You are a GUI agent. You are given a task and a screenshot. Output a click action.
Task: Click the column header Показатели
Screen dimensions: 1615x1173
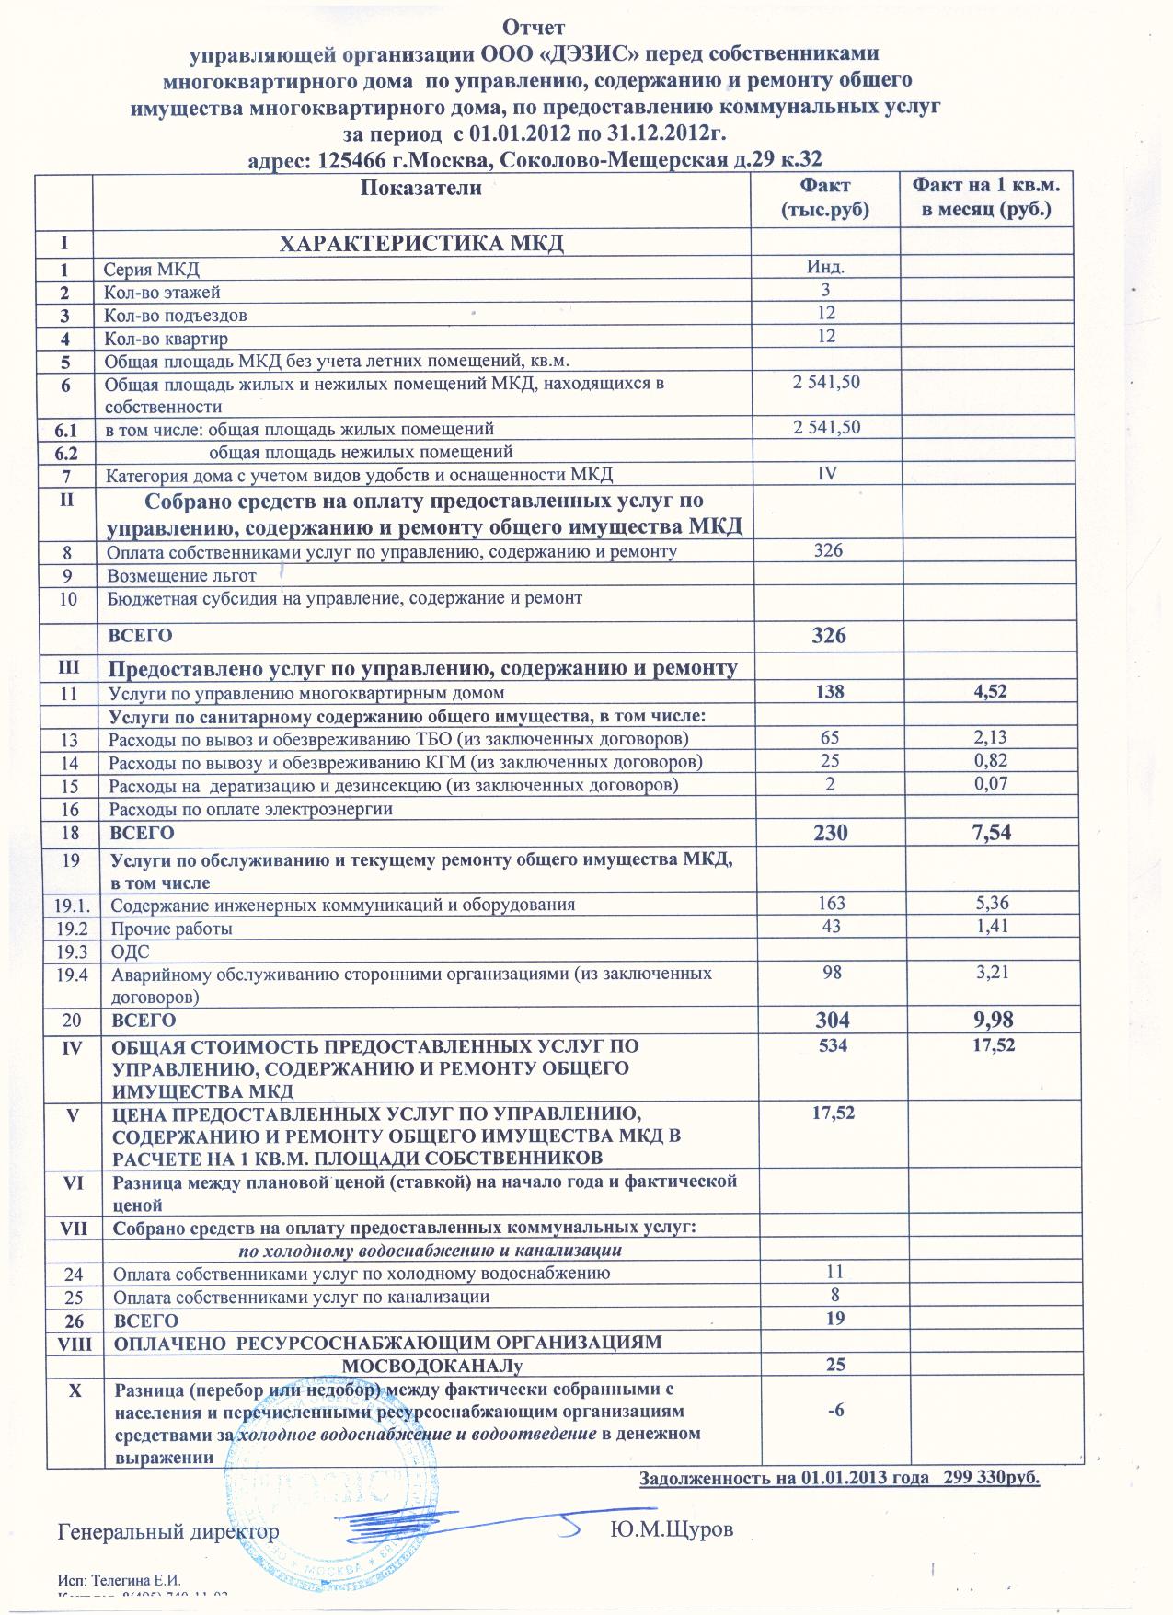421,189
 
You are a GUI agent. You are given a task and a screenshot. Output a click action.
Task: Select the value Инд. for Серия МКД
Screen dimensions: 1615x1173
825,268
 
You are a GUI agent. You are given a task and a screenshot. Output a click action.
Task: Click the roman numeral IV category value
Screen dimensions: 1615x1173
826,474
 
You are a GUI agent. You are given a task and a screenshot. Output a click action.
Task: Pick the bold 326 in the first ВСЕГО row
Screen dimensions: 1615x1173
829,636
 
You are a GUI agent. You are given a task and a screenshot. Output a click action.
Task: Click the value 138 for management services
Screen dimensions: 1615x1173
830,692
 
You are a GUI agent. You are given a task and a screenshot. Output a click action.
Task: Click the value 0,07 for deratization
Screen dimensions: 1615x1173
990,784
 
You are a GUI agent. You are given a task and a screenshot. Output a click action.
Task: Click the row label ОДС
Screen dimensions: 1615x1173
130,952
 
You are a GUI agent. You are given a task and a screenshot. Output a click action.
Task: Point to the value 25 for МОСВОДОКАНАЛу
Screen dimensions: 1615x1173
834,1365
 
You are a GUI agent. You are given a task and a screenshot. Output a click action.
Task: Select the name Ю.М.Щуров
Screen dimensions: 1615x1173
673,1530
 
